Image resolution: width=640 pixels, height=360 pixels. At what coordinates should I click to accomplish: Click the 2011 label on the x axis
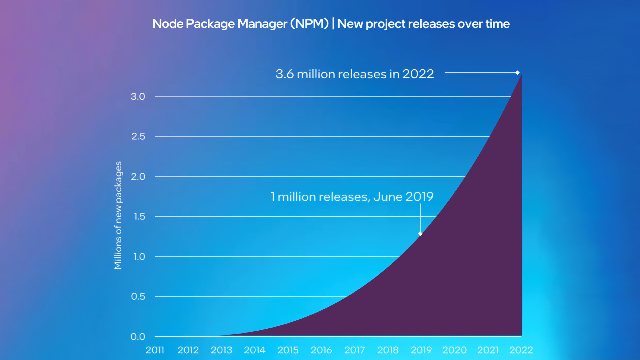tap(155, 350)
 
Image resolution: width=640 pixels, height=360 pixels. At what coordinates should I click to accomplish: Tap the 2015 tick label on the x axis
tap(288, 350)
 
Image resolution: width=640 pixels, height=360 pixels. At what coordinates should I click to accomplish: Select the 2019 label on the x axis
tap(421, 350)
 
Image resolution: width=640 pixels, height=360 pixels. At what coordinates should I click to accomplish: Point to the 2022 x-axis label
tap(521, 350)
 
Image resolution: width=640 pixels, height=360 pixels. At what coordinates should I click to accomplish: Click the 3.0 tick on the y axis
tap(138, 97)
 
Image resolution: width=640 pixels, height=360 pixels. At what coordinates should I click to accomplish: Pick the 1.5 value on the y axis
tap(139, 217)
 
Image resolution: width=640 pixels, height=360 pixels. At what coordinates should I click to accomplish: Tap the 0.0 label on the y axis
tap(138, 337)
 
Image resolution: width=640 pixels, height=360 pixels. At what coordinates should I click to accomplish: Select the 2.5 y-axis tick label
tap(138, 136)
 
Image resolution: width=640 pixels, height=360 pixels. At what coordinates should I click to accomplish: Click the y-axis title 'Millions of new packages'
tap(118, 215)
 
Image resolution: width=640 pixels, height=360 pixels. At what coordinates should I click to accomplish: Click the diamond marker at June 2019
tap(420, 234)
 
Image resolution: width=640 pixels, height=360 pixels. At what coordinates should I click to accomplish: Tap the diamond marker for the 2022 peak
tap(517, 73)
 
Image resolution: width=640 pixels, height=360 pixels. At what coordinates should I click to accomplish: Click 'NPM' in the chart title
tap(309, 24)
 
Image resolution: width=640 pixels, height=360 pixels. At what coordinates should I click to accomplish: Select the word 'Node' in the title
tap(167, 24)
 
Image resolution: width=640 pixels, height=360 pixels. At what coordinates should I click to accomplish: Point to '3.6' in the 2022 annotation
tap(284, 74)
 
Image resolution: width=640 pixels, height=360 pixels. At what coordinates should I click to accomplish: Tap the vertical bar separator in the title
tap(333, 24)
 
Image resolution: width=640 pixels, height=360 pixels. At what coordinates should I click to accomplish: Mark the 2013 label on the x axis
tap(221, 350)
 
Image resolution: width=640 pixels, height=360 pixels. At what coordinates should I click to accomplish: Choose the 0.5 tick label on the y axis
tap(138, 296)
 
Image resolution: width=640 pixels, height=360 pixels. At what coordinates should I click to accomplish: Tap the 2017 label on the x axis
tap(355, 350)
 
